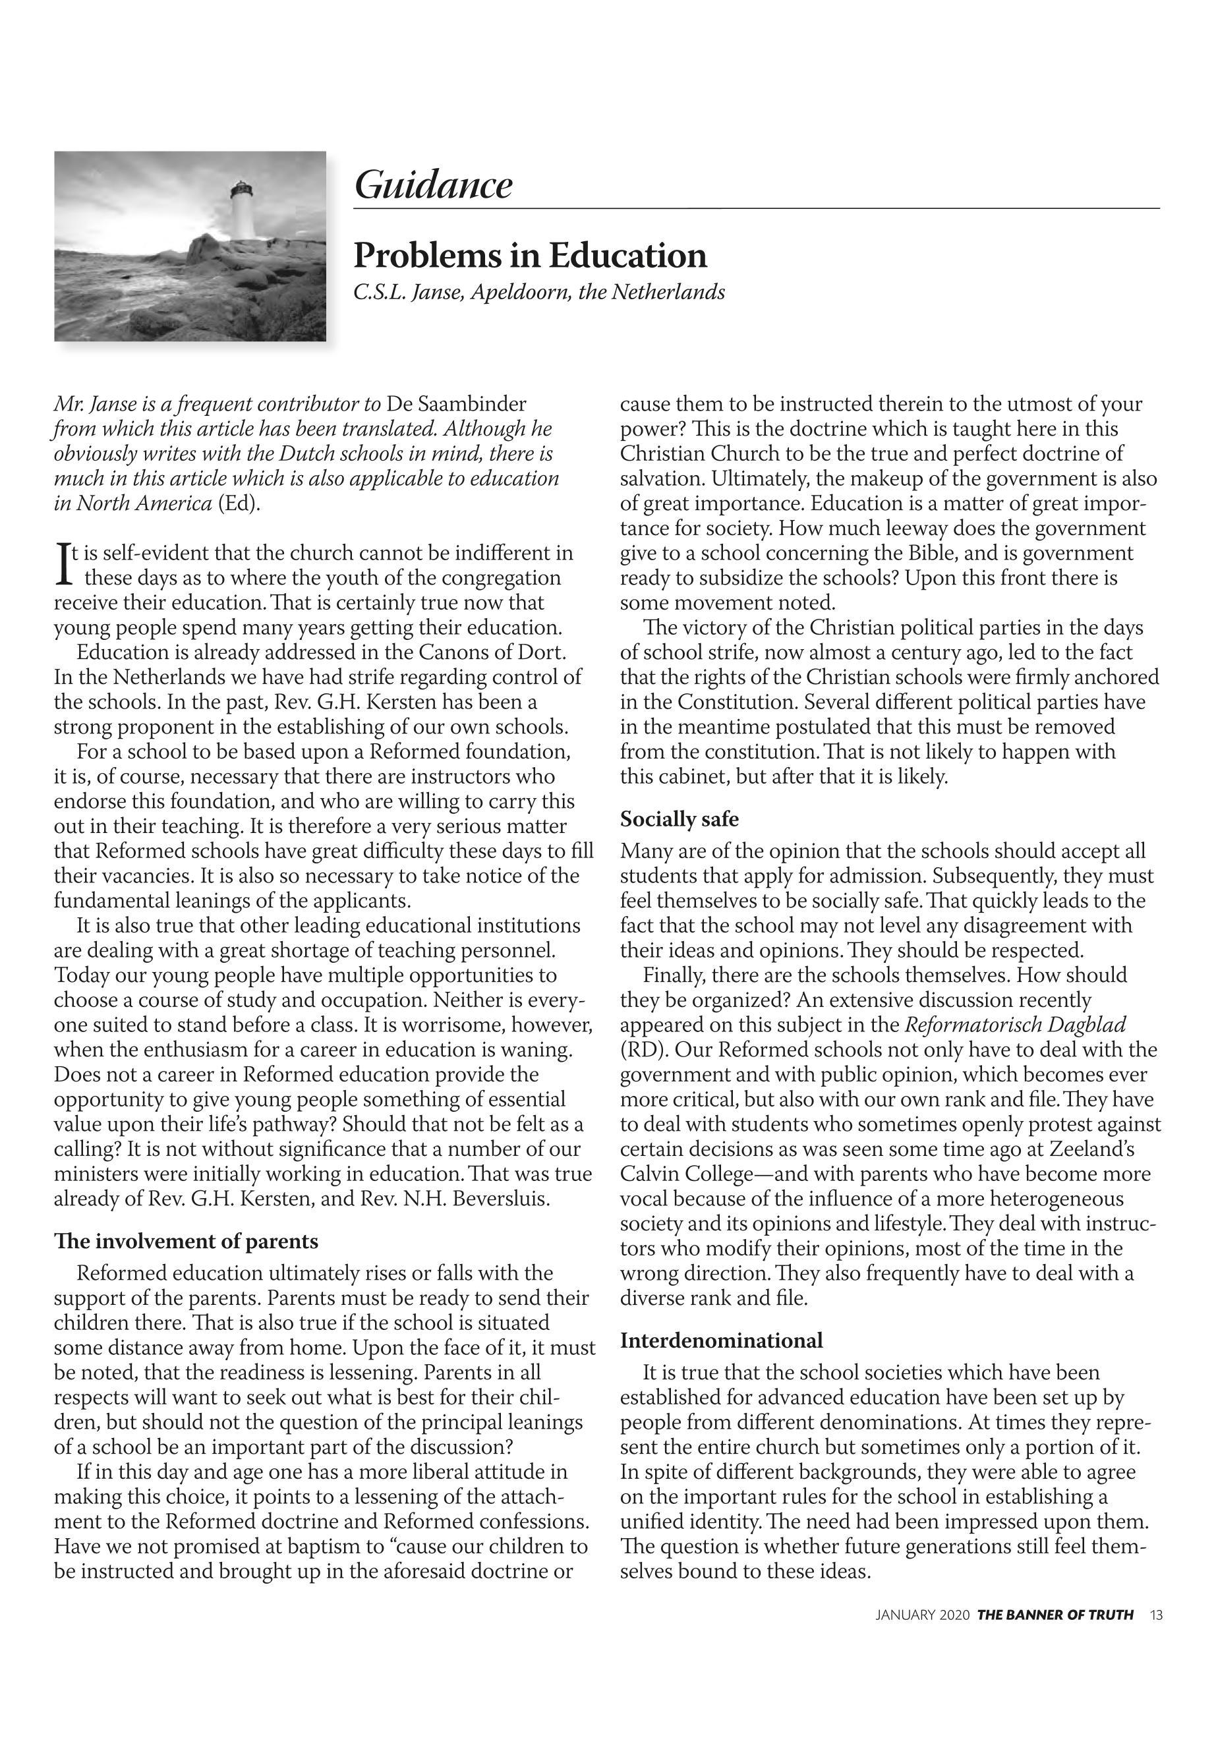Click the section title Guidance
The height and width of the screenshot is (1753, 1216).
coord(433,185)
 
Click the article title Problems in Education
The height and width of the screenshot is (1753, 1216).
coord(531,255)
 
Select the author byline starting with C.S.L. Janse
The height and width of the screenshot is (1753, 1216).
coord(538,293)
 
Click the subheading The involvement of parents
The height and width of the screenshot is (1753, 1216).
coord(186,1242)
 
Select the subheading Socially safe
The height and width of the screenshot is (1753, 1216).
coord(679,819)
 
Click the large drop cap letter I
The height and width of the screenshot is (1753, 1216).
coord(63,563)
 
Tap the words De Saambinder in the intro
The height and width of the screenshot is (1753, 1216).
coord(456,404)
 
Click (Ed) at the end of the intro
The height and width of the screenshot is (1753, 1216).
coord(239,503)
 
